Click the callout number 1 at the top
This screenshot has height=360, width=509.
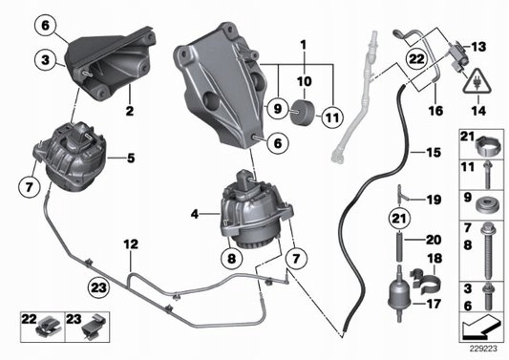pyautogui.click(x=304, y=45)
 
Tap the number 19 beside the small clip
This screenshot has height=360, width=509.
pyautogui.click(x=433, y=200)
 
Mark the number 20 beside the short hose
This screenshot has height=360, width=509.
pyautogui.click(x=433, y=240)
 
